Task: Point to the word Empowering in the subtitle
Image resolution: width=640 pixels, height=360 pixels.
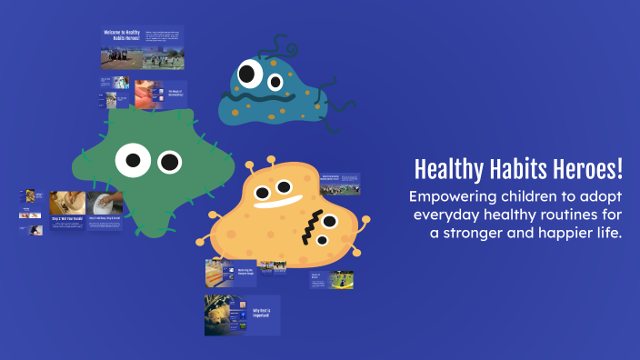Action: (451, 197)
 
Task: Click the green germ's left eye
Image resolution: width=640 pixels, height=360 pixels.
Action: (132, 161)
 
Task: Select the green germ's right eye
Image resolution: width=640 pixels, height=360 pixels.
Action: (169, 162)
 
